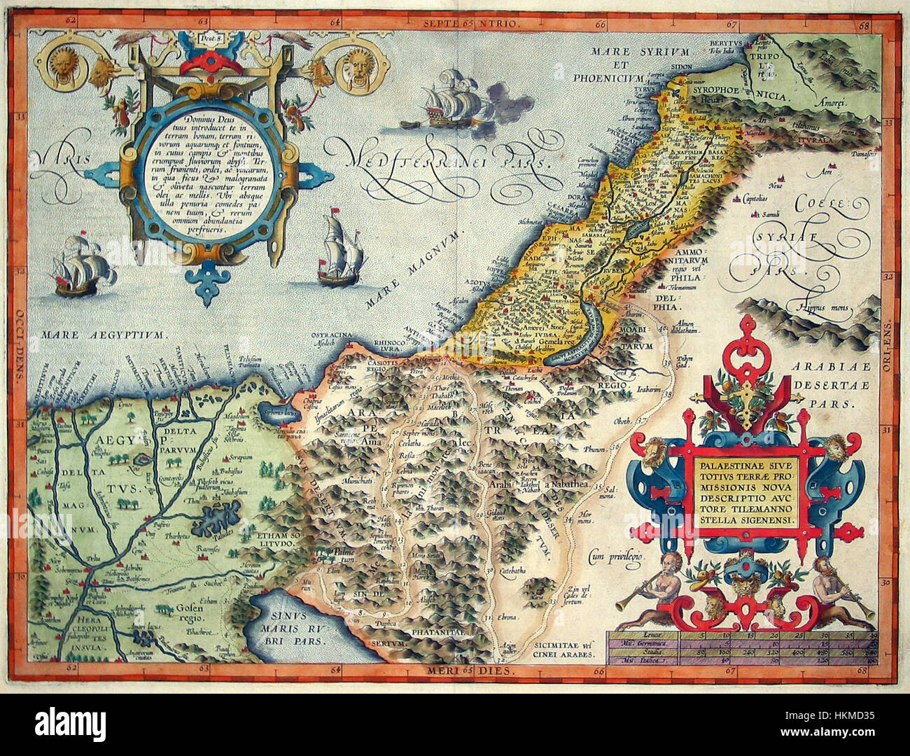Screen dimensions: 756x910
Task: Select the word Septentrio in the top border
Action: click(x=469, y=23)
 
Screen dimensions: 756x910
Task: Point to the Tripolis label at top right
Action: click(x=769, y=59)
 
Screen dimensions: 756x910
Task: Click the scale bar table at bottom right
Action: click(x=742, y=645)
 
